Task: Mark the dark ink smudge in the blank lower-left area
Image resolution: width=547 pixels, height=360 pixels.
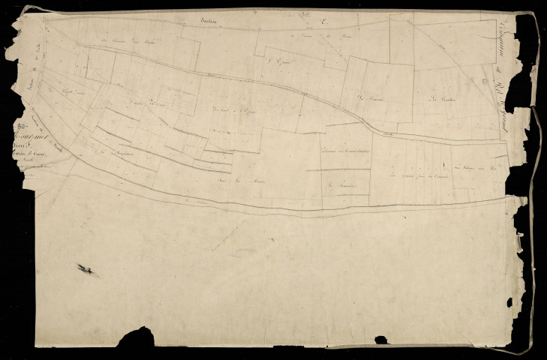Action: [x=88, y=269]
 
